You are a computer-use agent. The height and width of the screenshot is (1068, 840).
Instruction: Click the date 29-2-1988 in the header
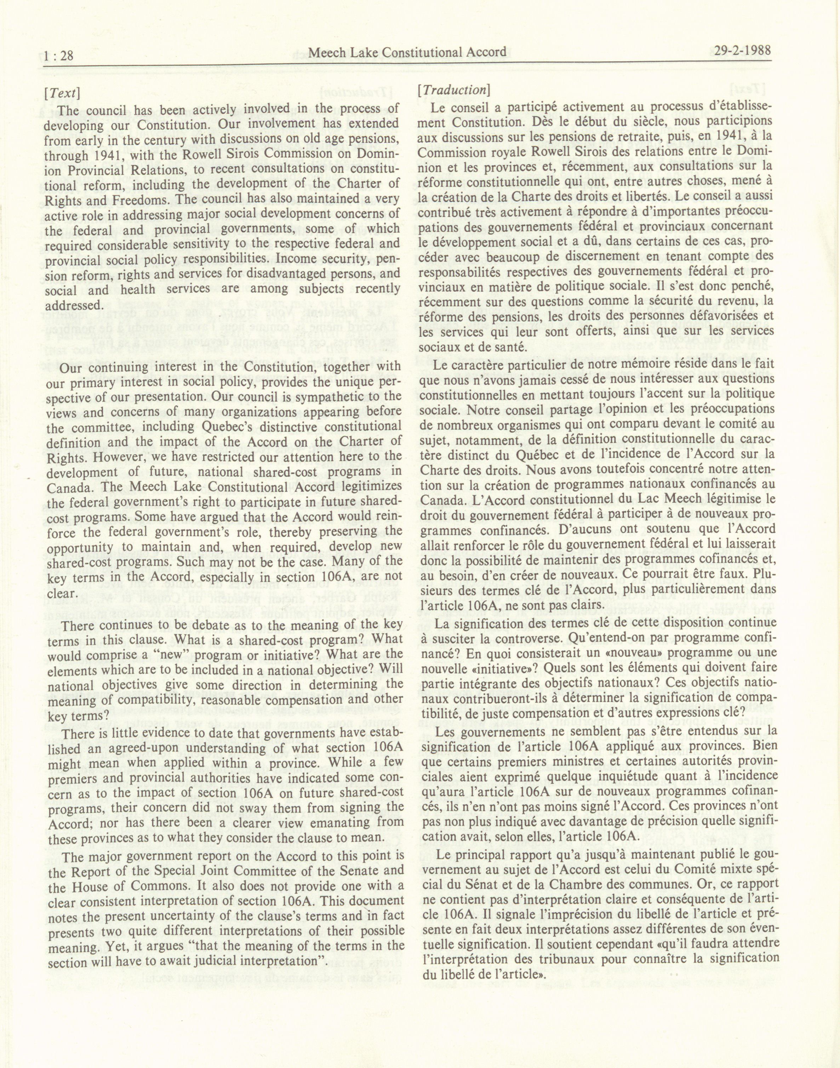[x=741, y=51]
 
